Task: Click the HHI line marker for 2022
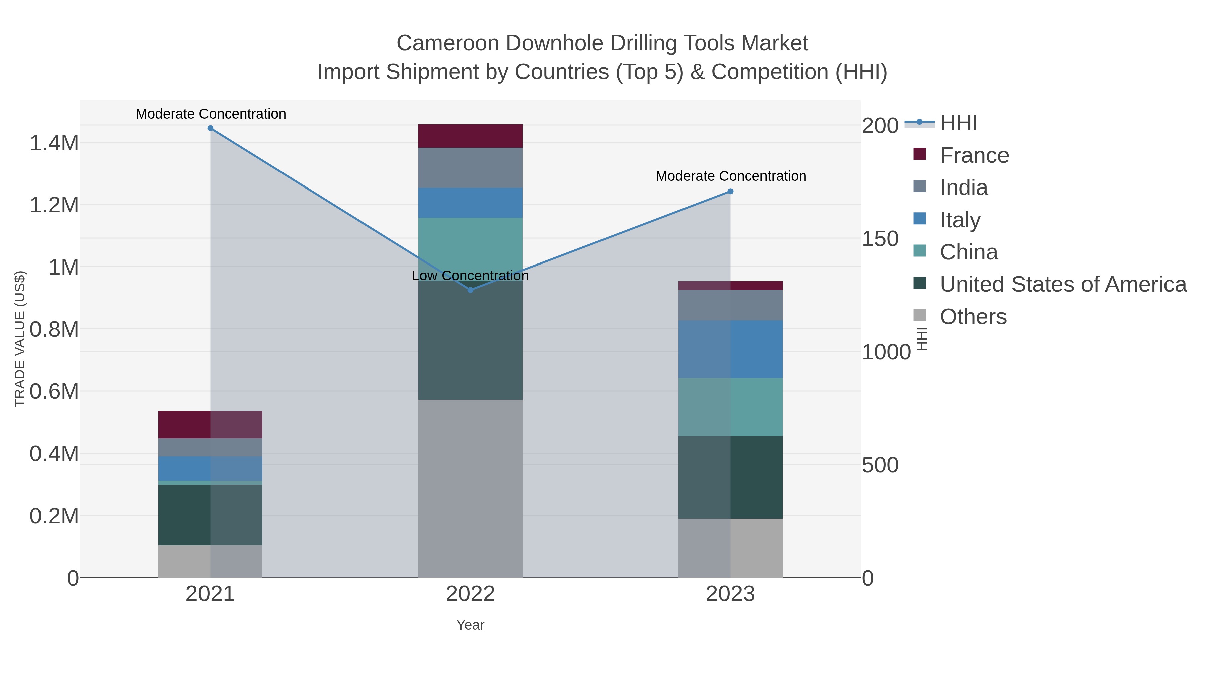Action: coord(471,290)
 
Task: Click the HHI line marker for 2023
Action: coord(731,192)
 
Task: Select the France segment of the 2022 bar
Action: coord(470,136)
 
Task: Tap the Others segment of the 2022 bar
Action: coord(470,488)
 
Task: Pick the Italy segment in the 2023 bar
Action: coord(731,349)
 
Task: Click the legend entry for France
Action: coord(974,155)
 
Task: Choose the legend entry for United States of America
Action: coord(1062,285)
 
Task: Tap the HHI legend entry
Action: coord(958,123)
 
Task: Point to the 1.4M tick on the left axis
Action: coord(54,143)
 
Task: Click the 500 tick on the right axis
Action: coord(880,465)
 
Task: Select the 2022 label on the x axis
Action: coord(470,594)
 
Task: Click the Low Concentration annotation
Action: coord(470,276)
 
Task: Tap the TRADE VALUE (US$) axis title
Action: coord(20,339)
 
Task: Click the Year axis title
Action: coord(470,625)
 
